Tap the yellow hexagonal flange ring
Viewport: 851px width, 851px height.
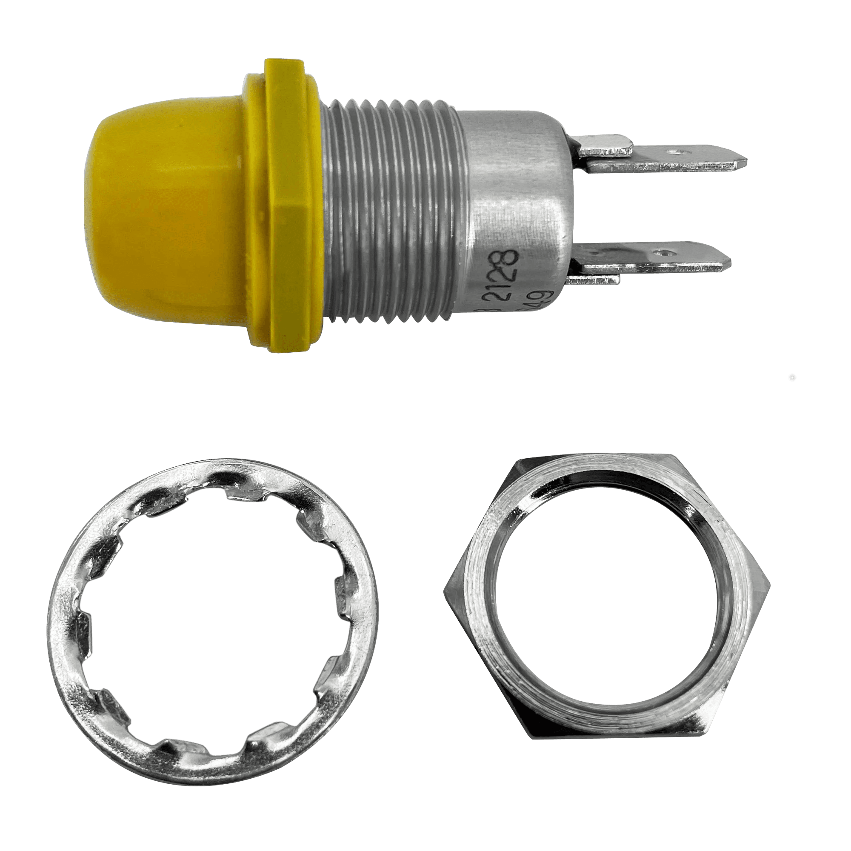coord(288,207)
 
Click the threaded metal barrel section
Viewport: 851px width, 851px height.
coord(388,211)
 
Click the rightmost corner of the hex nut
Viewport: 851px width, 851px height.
coord(771,588)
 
